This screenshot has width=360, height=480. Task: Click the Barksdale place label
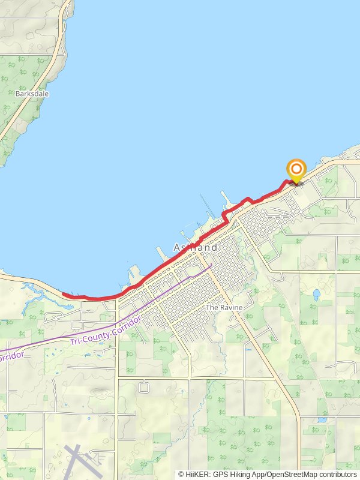pyautogui.click(x=32, y=94)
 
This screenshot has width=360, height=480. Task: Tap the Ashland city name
pyautogui.click(x=195, y=247)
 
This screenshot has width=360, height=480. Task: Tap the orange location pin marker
pyautogui.click(x=296, y=170)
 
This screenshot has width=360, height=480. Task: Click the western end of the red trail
pyautogui.click(x=64, y=295)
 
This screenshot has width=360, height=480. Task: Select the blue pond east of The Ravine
pyautogui.click(x=316, y=295)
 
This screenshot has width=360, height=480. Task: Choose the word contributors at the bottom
pyautogui.click(x=338, y=475)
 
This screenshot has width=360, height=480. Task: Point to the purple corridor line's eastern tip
pyautogui.click(x=211, y=265)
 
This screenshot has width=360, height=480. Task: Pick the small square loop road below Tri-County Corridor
pyautogui.click(x=143, y=387)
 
